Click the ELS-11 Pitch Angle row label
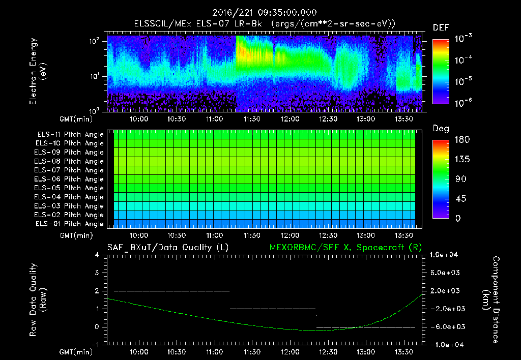pyautogui.click(x=70, y=135)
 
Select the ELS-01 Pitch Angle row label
pyautogui.click(x=70, y=224)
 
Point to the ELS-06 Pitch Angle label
pyautogui.click(x=70, y=179)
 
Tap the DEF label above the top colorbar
pyautogui.click(x=441, y=28)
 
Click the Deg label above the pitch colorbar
pyautogui.click(x=441, y=129)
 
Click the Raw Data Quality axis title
pyautogui.click(x=38, y=300)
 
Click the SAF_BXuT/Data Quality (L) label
pyautogui.click(x=167, y=248)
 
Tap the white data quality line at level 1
pyautogui.click(x=273, y=309)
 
